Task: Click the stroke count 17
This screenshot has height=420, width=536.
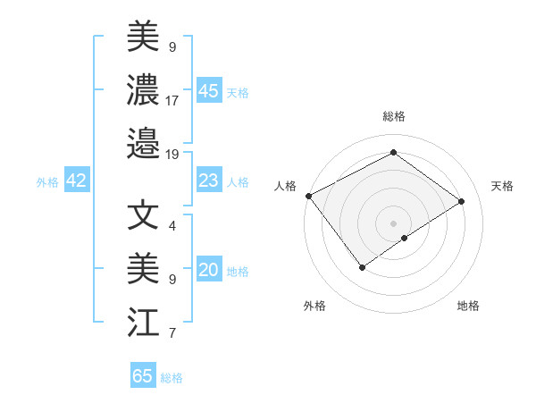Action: point(172,100)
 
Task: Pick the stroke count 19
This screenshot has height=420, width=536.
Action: point(172,154)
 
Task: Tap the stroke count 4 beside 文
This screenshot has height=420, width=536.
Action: point(172,227)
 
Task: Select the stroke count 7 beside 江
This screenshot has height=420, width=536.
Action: point(172,334)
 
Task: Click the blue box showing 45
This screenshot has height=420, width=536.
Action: point(209,90)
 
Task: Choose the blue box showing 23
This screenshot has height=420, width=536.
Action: point(209,181)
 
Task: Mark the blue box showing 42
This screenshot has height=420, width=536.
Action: point(76,181)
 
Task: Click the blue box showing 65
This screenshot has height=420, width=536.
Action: point(143,376)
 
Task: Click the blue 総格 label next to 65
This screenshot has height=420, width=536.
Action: point(172,378)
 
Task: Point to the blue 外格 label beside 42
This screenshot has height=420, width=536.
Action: point(47,182)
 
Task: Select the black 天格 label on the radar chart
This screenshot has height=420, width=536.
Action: point(502,186)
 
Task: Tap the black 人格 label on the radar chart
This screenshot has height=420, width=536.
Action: point(285,186)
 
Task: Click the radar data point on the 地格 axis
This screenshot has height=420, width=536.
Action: point(405,238)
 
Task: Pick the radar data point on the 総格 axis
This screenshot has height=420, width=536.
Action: point(393,153)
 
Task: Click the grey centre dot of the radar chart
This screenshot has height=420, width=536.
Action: point(393,222)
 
